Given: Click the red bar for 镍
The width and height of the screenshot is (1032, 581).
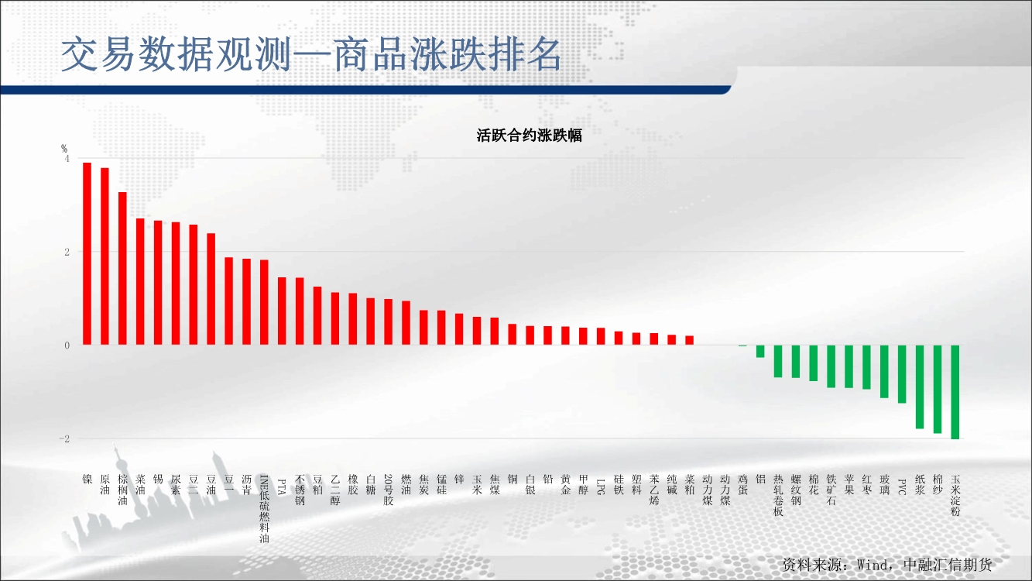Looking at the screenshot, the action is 87,253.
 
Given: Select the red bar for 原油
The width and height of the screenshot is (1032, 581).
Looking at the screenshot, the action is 105,256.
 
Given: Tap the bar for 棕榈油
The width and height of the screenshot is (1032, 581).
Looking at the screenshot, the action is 122,268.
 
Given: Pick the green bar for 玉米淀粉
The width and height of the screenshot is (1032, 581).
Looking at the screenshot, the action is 955,392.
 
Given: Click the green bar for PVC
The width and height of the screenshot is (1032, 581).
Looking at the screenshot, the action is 902,374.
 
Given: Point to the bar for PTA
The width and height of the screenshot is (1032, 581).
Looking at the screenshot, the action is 282,311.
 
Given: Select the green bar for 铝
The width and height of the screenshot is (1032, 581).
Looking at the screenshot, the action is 760,352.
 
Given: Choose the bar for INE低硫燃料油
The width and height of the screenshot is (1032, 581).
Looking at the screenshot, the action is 264,302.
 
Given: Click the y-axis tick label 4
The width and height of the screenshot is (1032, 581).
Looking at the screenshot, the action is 67,159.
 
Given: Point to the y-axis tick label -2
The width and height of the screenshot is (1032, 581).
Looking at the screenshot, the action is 65,439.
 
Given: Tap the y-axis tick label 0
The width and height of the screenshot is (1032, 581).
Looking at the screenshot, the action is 67,346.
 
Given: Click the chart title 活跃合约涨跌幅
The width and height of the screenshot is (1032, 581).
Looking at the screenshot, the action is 530,136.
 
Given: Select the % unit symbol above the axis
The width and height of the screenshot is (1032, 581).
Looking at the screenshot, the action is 64,148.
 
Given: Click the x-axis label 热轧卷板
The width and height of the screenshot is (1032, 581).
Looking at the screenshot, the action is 778,495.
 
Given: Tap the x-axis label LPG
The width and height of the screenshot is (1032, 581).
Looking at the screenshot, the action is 601,485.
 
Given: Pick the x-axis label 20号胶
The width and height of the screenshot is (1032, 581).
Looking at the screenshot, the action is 389,490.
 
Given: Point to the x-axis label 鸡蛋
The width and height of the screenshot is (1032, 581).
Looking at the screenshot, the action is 742,485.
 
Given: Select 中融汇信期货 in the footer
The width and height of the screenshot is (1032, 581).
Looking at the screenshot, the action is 948,565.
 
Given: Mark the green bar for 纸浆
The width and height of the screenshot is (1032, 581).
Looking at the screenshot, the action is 920,387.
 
